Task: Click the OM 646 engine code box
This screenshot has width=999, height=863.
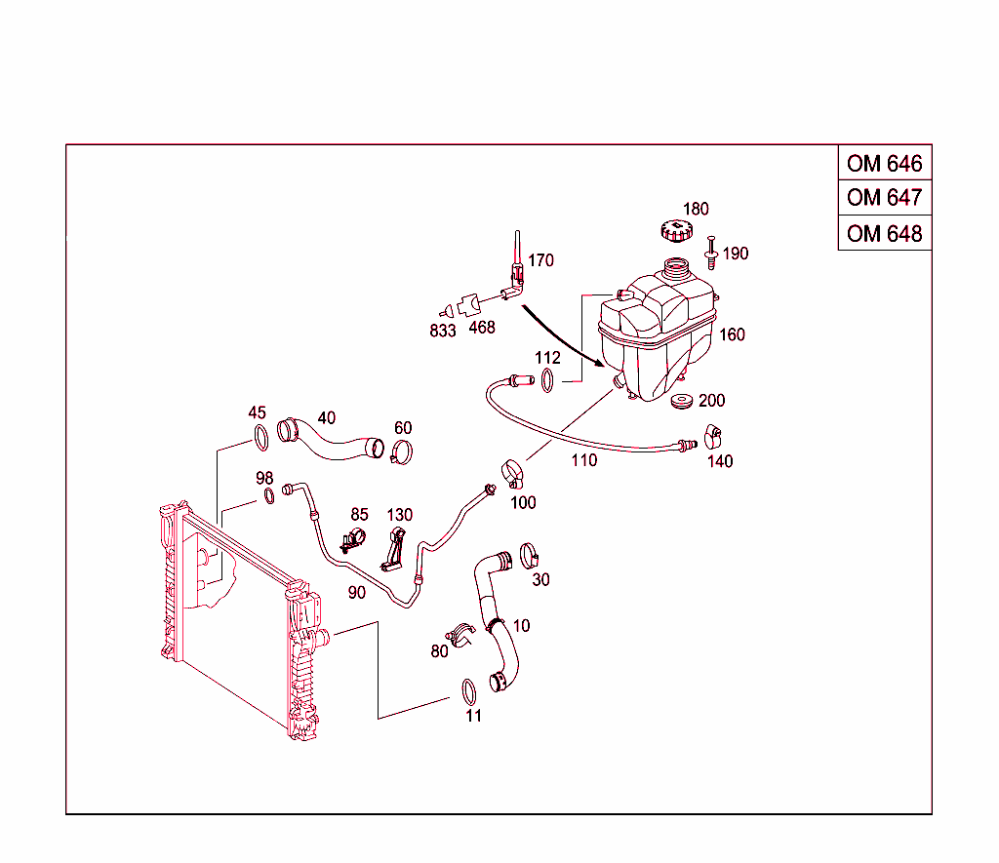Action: [884, 163]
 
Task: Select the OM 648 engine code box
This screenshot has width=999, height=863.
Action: [884, 233]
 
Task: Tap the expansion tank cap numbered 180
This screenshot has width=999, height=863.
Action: [675, 231]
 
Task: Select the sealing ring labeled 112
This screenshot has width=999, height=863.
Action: [549, 380]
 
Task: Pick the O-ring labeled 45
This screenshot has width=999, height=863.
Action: [260, 438]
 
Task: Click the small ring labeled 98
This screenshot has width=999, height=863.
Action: [268, 496]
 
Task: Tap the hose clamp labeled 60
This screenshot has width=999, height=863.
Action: [401, 451]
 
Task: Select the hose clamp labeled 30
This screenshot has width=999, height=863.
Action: [530, 556]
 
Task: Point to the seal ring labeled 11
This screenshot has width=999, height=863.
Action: [468, 691]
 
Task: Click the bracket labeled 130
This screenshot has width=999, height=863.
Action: [395, 548]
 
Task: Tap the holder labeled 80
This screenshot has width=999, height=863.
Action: [460, 632]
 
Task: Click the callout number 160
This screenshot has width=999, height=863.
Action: [732, 334]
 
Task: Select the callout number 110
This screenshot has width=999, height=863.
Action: [583, 460]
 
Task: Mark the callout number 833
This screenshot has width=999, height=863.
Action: [442, 331]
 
